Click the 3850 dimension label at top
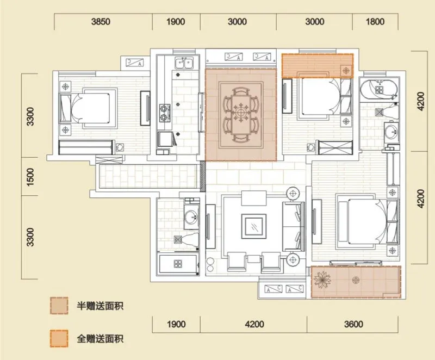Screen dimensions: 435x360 tap(101, 22)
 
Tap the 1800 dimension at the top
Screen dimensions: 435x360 tap(375, 22)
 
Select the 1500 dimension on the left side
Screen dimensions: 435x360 tap(30, 177)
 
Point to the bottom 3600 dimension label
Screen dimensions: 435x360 tap(353, 324)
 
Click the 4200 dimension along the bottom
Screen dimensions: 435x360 tap(254, 324)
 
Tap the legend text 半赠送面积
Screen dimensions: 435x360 tap(100, 306)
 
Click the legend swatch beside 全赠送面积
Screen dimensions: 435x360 tap(59, 339)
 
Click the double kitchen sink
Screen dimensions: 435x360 tap(184, 63)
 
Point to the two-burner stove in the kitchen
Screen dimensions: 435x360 tap(165, 113)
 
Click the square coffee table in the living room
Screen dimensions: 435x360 tap(253, 226)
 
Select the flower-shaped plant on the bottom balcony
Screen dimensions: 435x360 tap(322, 280)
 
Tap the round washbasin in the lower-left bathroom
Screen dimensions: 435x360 tap(191, 217)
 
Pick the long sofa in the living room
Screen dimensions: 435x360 tap(294, 226)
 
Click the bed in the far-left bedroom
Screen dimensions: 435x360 tap(88, 108)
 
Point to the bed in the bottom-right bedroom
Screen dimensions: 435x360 tap(368, 221)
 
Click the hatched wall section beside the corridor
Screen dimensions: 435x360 tap(203, 176)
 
